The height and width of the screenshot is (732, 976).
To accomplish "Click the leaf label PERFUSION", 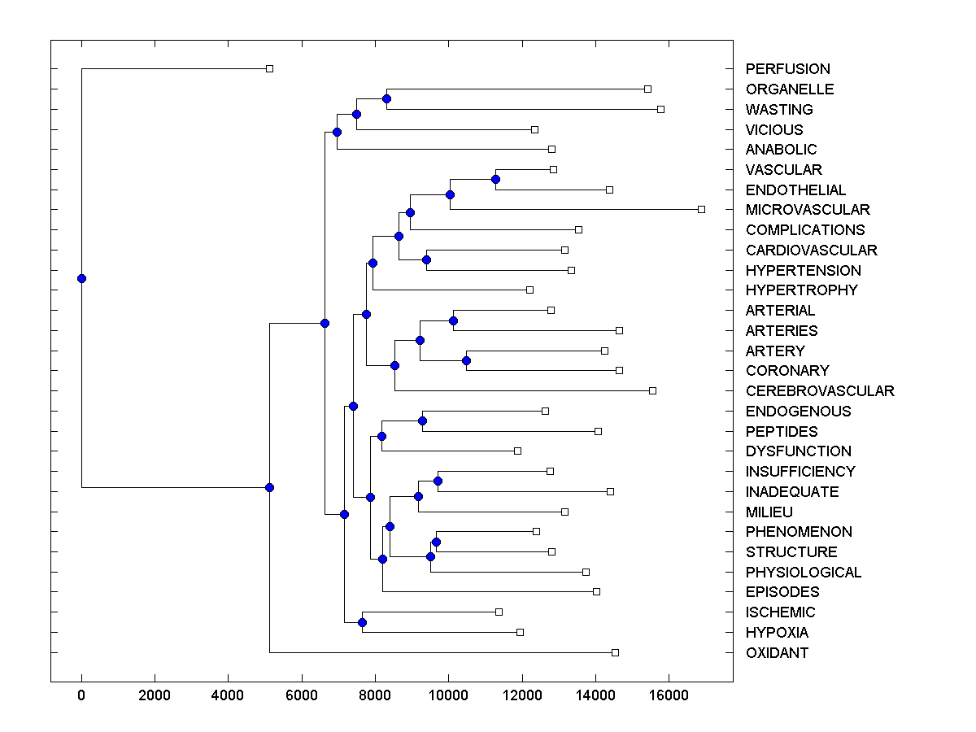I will coord(776,69).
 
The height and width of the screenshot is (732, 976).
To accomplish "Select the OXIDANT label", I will coord(777,653).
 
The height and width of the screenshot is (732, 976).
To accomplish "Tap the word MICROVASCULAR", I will coord(808,210).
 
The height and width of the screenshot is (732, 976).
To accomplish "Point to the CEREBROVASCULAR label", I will coord(820,391).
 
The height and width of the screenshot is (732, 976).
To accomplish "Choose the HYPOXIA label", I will coord(777,633).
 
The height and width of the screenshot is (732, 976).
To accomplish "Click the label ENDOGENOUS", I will coord(798,412).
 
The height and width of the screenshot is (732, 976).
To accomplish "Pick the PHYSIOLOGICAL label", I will coord(804,573).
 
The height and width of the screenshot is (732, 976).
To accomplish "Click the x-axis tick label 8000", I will coord(375,695).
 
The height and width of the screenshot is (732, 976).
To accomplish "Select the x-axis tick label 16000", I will coord(669,695).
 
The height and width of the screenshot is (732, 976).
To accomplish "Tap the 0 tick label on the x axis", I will coord(81,695).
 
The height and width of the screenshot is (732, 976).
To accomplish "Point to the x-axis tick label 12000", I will coord(522,695).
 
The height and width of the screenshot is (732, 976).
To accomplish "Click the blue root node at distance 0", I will coord(81,278).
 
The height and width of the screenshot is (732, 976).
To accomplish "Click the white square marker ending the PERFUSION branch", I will coord(270,69).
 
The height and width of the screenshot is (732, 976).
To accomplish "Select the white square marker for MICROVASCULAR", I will coord(701,210).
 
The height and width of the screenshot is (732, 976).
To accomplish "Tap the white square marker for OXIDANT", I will coord(615,653).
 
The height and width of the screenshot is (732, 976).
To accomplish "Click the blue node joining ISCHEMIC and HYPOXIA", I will coord(362,622).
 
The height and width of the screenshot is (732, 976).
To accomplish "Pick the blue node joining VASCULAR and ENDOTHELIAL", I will coord(495,179).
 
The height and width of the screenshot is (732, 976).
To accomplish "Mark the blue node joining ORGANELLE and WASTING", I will coord(386,98).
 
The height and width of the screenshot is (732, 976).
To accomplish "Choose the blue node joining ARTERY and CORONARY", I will coord(466,360).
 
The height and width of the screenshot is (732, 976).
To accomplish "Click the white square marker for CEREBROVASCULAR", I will coord(652,391).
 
